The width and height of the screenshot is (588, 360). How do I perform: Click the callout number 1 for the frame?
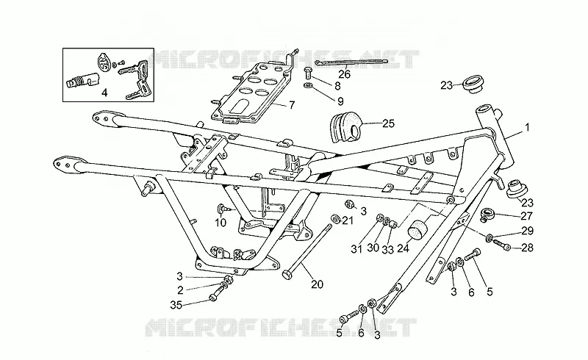(x=527, y=128)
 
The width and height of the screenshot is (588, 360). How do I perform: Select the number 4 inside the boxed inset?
(x=104, y=93)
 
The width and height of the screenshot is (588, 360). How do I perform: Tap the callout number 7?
(x=292, y=105)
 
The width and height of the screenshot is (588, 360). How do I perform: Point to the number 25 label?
(x=389, y=123)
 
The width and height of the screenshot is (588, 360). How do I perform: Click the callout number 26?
(x=344, y=74)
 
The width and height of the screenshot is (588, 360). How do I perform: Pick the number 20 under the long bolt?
(x=317, y=284)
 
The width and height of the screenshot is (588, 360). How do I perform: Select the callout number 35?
(x=176, y=305)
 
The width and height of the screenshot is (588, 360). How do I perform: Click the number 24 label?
(x=403, y=248)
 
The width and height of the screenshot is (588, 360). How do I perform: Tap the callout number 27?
(x=527, y=216)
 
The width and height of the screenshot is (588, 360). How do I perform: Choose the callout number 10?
(x=220, y=223)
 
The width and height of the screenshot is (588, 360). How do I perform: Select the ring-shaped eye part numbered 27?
(x=488, y=215)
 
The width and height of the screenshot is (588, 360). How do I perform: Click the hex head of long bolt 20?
(x=287, y=274)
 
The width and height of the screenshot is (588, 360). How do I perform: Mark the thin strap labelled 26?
(x=351, y=62)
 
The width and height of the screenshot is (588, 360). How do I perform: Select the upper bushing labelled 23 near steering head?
(x=473, y=83)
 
